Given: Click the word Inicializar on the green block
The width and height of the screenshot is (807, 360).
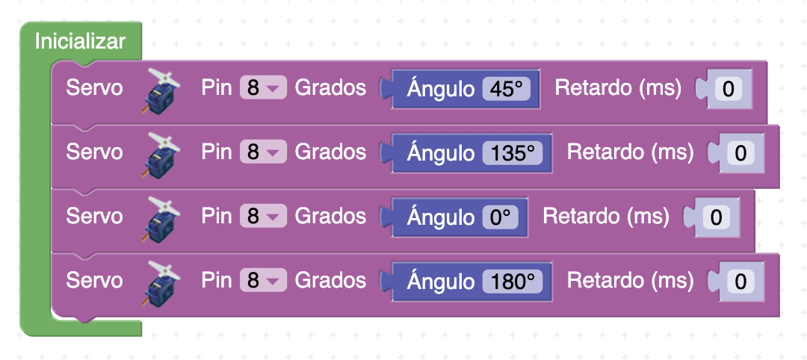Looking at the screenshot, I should pyautogui.click(x=80, y=41).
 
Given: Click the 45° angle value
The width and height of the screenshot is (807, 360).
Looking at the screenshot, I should pyautogui.click(x=507, y=89).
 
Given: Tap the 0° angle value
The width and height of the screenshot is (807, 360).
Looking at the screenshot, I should pyautogui.click(x=500, y=217).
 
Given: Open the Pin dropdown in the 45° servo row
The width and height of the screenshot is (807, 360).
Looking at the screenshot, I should pyautogui.click(x=263, y=89).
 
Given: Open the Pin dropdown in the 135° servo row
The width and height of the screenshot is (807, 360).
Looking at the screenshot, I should pyautogui.click(x=263, y=153).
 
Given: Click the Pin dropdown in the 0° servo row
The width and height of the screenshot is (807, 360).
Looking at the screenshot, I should pyautogui.click(x=263, y=217).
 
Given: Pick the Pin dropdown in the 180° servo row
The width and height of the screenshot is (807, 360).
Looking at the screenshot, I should pyautogui.click(x=263, y=282).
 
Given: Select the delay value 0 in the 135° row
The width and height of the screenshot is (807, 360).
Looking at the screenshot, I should pyautogui.click(x=740, y=154).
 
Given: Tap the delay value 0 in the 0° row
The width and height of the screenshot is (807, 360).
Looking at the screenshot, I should pyautogui.click(x=716, y=218).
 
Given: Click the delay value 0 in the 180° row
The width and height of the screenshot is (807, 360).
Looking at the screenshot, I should pyautogui.click(x=740, y=282).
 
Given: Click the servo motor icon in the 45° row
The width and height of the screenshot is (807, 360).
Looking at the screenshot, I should pyautogui.click(x=161, y=90).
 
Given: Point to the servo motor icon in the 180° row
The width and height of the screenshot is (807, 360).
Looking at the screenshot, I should pyautogui.click(x=161, y=283).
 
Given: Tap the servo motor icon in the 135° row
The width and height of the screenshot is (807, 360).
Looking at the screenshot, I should pyautogui.click(x=161, y=155).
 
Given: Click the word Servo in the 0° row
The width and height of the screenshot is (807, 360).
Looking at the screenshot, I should pyautogui.click(x=94, y=217).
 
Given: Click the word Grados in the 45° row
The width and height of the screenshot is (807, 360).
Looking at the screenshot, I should pyautogui.click(x=330, y=88).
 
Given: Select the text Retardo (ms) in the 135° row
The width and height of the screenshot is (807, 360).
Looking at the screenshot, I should pyautogui.click(x=630, y=152).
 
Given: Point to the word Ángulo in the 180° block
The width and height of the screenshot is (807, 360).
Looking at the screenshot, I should pyautogui.click(x=440, y=282).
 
